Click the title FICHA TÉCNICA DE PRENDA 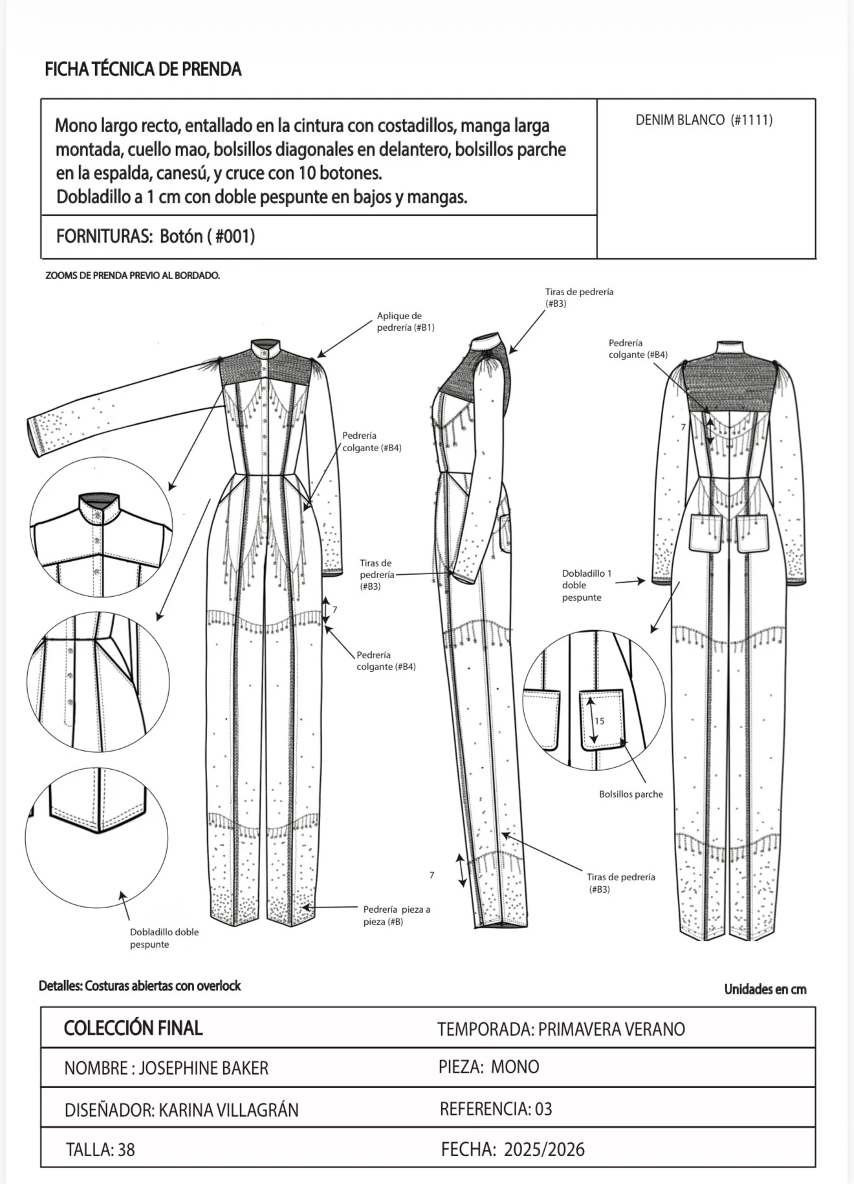point(143,69)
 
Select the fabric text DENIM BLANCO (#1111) point(704,120)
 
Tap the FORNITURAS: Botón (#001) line point(156,236)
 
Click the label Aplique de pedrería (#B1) point(406,322)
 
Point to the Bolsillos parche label point(631,794)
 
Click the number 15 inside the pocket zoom point(600,721)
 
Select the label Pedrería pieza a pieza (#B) point(397,915)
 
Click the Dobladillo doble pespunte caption point(164,938)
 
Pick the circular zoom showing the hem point point(96,838)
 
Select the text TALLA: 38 point(100,1149)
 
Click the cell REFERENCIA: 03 point(496,1109)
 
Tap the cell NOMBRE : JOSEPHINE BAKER point(166,1068)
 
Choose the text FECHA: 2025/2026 point(513,1149)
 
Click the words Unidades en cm point(765,989)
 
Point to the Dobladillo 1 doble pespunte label point(587,585)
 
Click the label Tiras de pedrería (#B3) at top point(579,298)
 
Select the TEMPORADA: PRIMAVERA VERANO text point(561,1029)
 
